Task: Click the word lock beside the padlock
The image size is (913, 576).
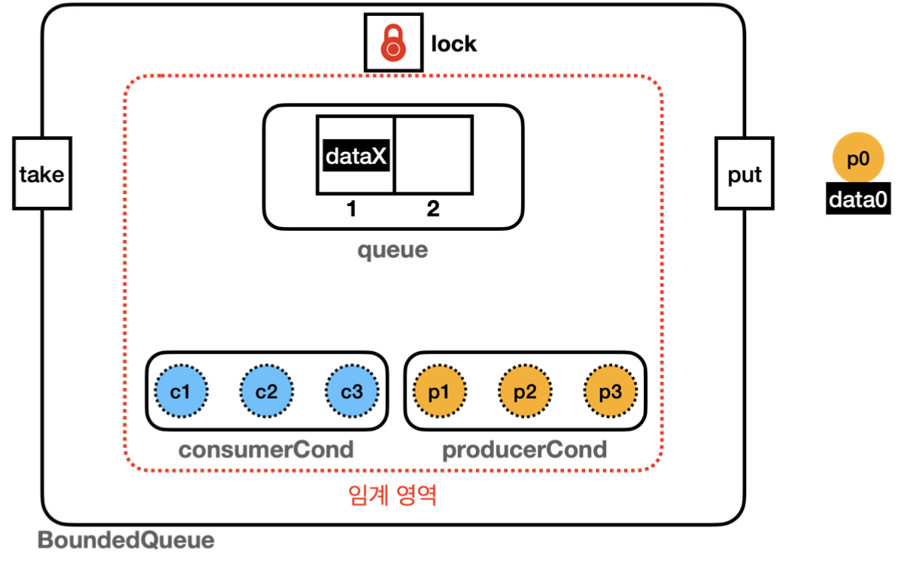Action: [x=453, y=44]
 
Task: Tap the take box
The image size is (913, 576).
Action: [x=42, y=174]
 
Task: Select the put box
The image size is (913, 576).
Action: [x=745, y=174]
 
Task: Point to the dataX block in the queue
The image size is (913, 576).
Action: [x=356, y=156]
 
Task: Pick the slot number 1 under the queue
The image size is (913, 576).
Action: [x=350, y=210]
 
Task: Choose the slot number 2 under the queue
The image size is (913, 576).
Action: [x=433, y=210]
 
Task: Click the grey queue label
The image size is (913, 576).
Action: [x=393, y=250]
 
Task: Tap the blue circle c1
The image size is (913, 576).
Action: [x=181, y=392]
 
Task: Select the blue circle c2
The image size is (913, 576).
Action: [x=266, y=392]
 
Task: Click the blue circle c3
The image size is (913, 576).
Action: [x=352, y=392]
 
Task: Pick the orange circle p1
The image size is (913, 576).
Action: [x=440, y=392]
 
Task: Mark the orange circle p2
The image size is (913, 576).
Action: [x=525, y=392]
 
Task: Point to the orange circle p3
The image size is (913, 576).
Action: [x=611, y=392]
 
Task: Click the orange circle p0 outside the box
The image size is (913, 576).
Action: [x=858, y=159]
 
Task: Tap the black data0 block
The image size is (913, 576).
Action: [x=858, y=199]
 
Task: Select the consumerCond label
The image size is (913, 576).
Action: [x=265, y=450]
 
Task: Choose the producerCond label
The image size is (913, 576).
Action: [x=524, y=450]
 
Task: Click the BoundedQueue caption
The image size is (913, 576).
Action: [x=126, y=540]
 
